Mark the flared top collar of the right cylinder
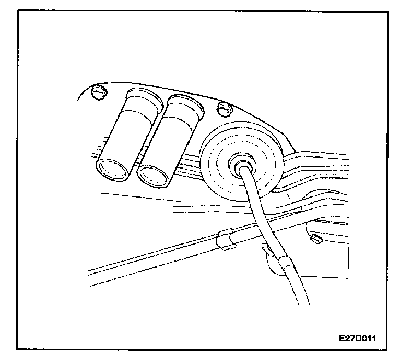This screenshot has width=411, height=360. [185, 103]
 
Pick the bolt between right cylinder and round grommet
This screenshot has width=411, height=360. [224, 108]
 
